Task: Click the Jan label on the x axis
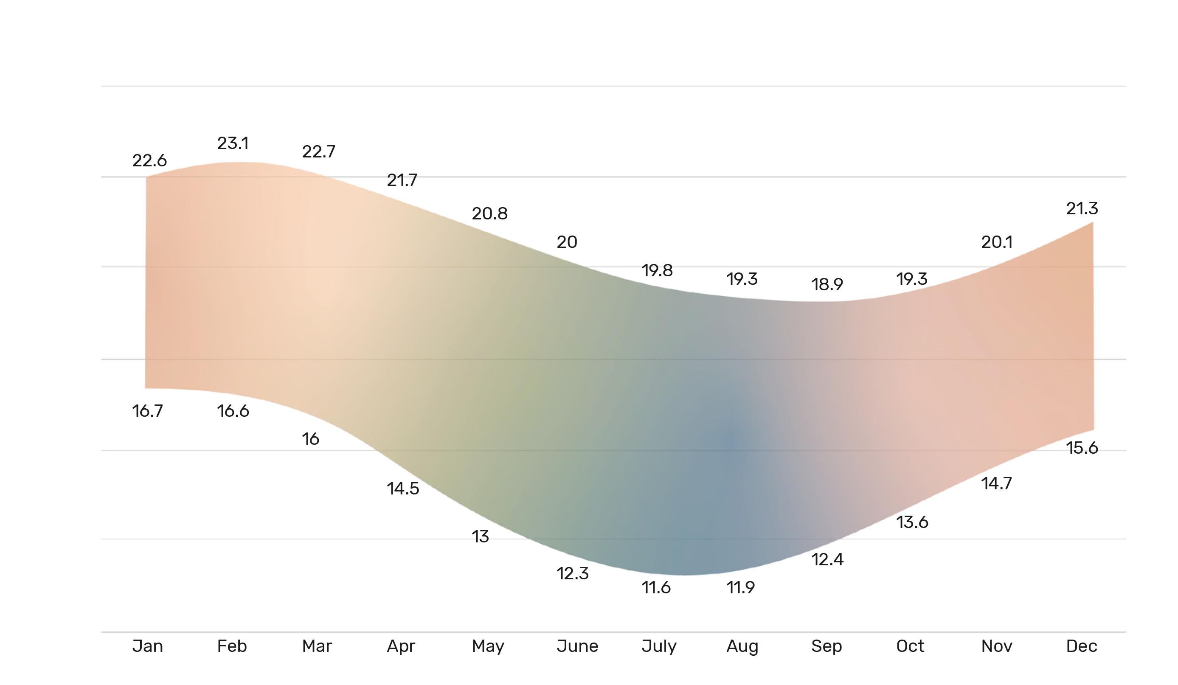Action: pos(147,646)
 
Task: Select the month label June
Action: pos(577,646)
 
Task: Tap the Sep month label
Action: pos(827,646)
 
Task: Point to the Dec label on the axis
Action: pos(1082,646)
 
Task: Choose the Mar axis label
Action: pos(317,646)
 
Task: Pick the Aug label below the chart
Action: pos(742,646)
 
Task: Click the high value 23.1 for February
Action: pos(233,143)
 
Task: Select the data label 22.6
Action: pos(149,161)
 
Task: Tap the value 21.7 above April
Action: pos(402,180)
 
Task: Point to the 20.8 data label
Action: pos(489,213)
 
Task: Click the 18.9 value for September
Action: pos(827,284)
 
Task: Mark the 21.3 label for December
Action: pos(1082,208)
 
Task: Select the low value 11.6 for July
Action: pos(656,587)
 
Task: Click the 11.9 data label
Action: pos(740,587)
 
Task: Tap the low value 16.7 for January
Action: pos(148,411)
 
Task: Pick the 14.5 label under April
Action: pos(403,489)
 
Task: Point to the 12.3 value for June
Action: pos(573,573)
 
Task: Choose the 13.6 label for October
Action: pos(912,522)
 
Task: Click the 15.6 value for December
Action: pos(1082,448)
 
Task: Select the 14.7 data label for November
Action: pos(997,483)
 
